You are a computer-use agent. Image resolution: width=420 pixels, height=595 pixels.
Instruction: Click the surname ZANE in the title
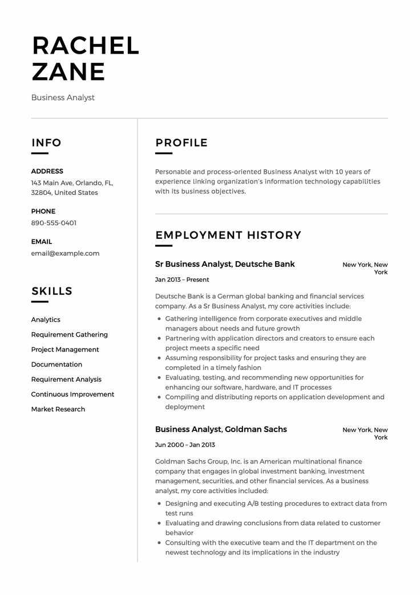tap(68, 71)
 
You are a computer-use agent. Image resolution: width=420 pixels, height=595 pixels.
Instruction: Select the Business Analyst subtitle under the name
tap(63, 98)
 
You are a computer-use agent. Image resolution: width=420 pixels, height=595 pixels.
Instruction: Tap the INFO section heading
tap(46, 143)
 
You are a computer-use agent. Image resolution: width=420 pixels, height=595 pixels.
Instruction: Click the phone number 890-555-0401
tap(54, 223)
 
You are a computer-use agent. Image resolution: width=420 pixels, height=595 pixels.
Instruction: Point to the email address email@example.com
tap(65, 253)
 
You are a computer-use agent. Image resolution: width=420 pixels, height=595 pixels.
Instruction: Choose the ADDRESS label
tap(47, 171)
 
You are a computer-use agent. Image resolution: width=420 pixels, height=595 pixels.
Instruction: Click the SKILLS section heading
tap(52, 291)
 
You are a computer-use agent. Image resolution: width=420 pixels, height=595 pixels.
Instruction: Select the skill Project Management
tap(65, 350)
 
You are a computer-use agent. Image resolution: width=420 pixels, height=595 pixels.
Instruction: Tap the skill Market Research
tap(58, 409)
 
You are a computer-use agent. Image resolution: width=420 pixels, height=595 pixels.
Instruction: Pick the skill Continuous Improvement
tap(72, 394)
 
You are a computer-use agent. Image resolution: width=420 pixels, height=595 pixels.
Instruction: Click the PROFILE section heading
tap(181, 143)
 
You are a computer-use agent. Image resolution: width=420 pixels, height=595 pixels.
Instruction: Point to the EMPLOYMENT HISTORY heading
tap(228, 235)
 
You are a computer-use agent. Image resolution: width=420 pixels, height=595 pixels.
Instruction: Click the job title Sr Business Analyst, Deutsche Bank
tap(225, 264)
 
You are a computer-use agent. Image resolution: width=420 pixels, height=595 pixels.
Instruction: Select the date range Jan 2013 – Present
tap(182, 280)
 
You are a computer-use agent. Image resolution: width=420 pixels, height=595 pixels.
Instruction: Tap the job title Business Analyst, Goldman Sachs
tap(221, 429)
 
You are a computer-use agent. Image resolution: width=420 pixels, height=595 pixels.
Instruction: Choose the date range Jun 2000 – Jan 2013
tap(185, 445)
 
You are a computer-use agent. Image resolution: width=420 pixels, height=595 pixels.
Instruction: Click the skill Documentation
tap(56, 365)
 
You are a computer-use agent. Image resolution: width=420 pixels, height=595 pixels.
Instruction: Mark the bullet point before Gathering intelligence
tap(158, 319)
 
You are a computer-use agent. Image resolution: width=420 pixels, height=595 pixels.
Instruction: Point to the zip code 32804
tap(41, 193)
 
